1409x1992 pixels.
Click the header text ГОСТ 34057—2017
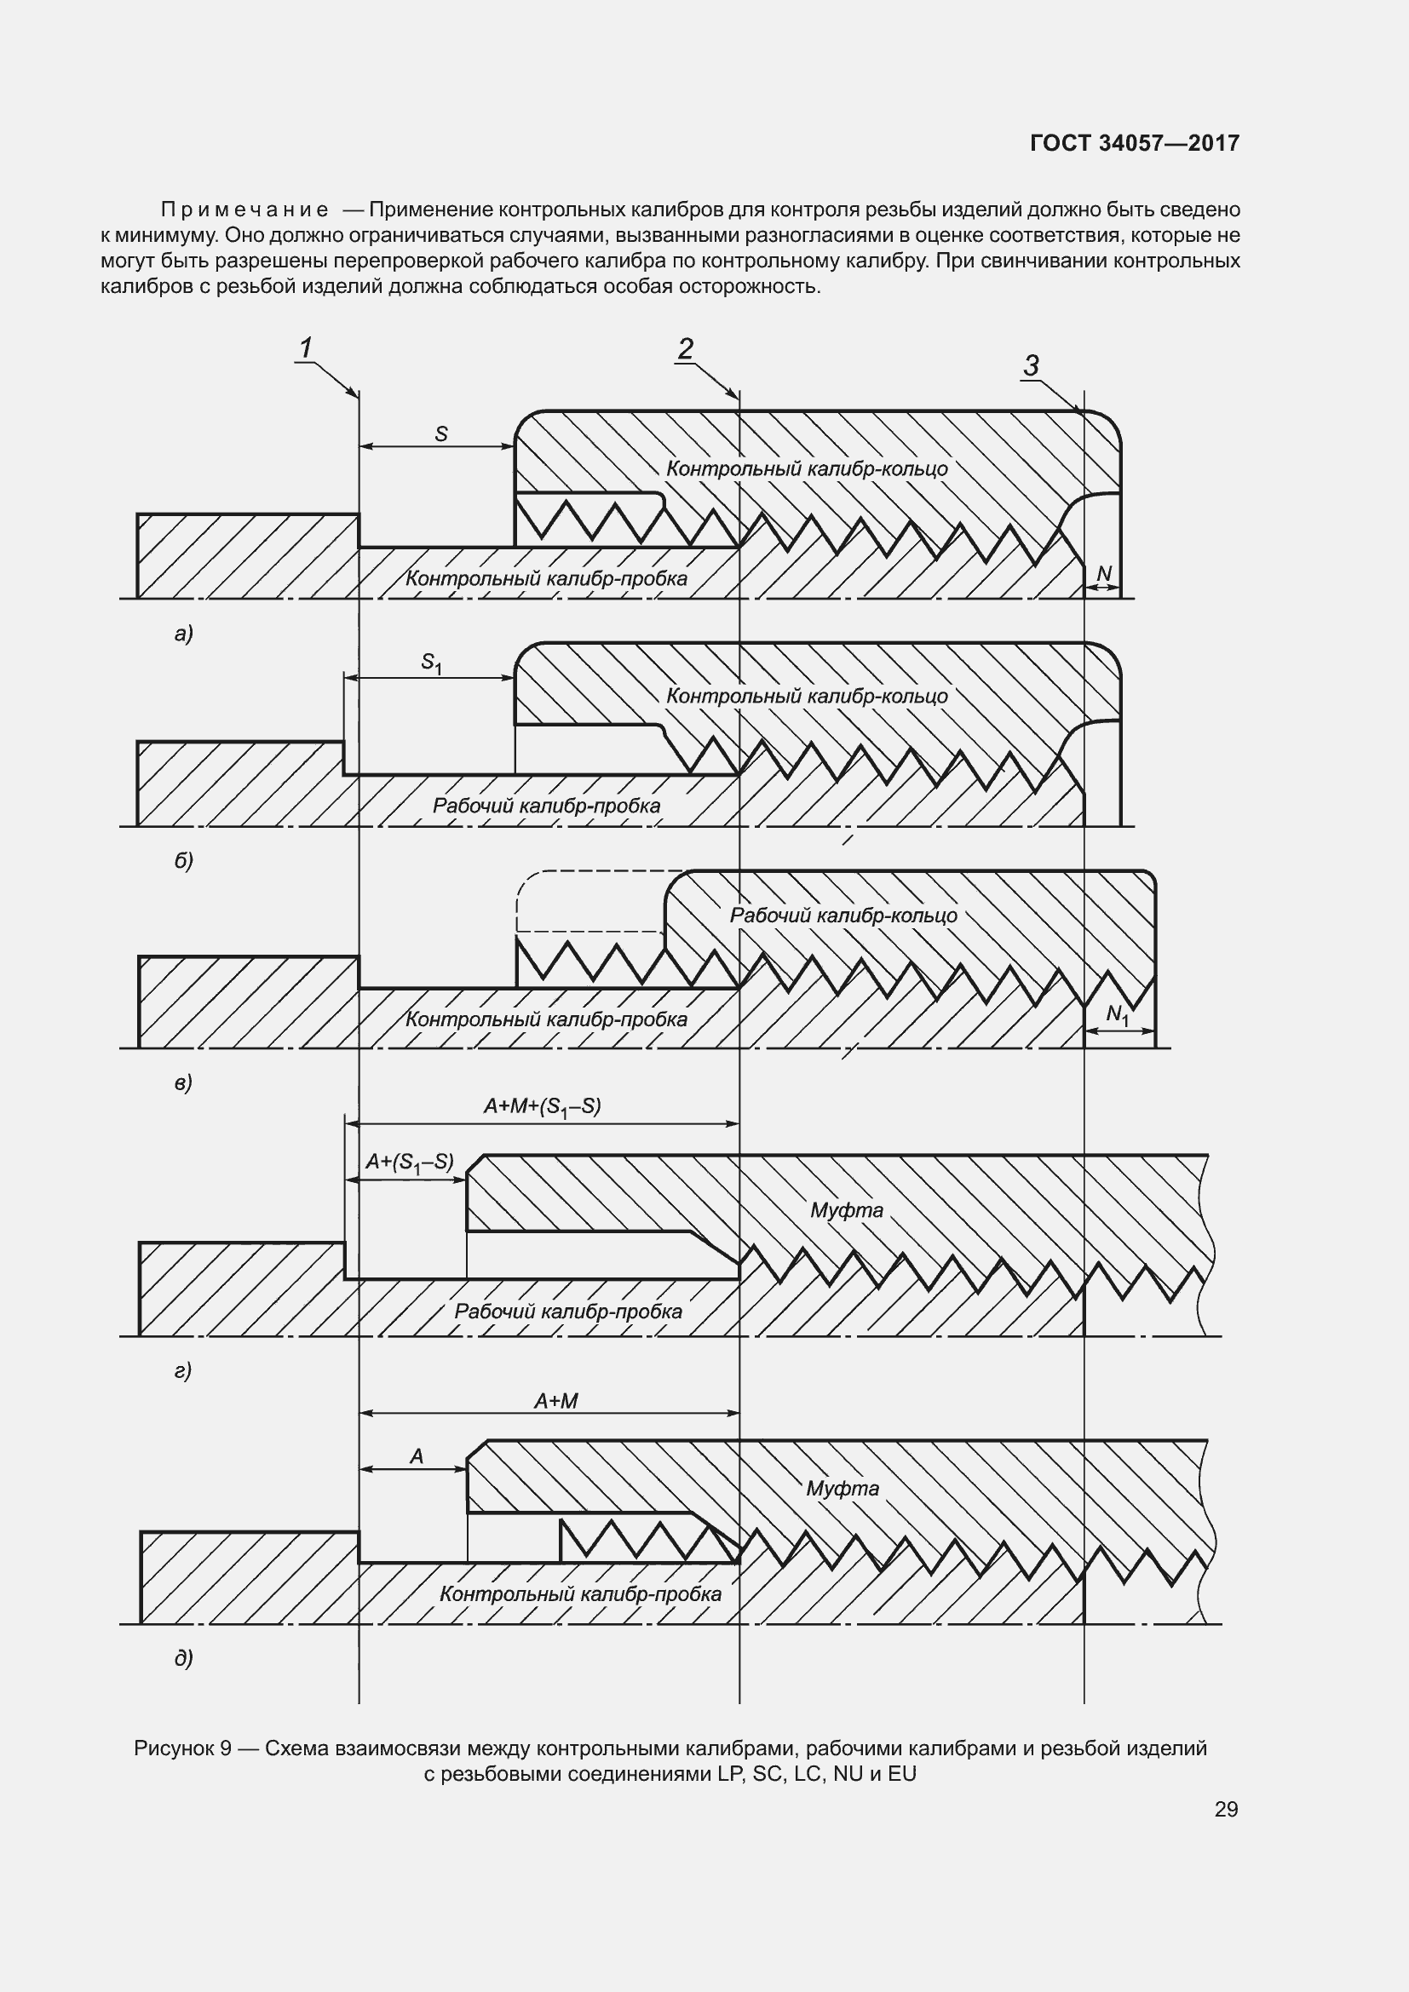pos(1134,143)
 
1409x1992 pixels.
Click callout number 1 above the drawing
pos(306,348)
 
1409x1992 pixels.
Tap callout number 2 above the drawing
pos(686,349)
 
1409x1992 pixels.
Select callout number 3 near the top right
pos(1031,365)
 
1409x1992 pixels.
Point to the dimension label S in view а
pos(440,433)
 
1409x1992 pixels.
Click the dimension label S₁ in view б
pos(431,663)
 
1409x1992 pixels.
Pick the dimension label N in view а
pos(1103,573)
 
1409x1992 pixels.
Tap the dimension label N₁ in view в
pos(1118,1014)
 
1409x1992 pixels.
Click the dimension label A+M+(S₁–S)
pos(543,1106)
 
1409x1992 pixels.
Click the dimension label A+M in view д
pos(555,1401)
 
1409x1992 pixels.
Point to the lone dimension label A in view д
pos(417,1456)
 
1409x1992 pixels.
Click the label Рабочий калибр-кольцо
pos(843,916)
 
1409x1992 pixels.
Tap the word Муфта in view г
pos(846,1209)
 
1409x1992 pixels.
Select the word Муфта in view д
pos(843,1489)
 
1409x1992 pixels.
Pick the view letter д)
pos(183,1658)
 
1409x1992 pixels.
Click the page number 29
pos(1226,1809)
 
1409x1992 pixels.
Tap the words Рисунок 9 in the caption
pos(182,1748)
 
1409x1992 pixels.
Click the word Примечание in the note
pos(244,210)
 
